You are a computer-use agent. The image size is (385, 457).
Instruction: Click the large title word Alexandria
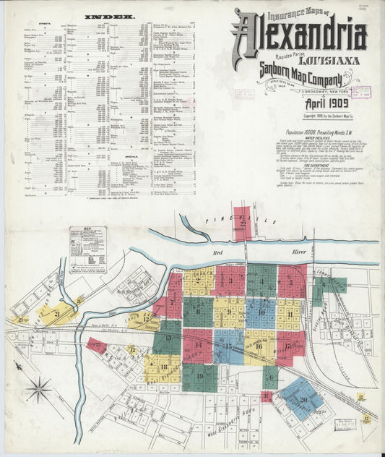point(299,35)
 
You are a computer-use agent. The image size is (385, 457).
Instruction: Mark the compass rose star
point(38,390)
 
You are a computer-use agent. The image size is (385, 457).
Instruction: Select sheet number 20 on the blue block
point(303,399)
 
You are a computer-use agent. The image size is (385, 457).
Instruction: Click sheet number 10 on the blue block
point(261,312)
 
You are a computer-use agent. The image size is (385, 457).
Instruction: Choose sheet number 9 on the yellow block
point(230,312)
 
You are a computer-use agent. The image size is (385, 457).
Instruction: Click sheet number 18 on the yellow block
point(163,367)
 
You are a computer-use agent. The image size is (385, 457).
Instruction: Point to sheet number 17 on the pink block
point(288,345)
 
